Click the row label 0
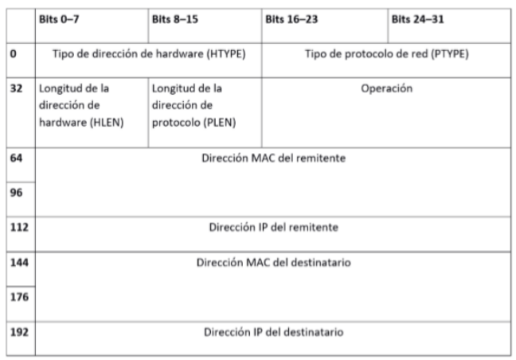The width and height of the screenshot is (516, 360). point(13,53)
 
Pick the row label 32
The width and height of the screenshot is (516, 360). point(15,90)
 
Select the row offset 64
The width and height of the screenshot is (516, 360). point(15,158)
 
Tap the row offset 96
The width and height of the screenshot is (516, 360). point(15,192)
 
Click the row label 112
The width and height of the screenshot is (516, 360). point(18,227)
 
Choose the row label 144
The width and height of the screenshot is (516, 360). point(18,262)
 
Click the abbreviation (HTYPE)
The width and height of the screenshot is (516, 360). point(222,53)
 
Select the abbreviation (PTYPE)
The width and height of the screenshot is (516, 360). point(451,53)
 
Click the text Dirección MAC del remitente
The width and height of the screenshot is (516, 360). point(276,158)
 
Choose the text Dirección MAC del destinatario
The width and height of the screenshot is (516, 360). point(276,262)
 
